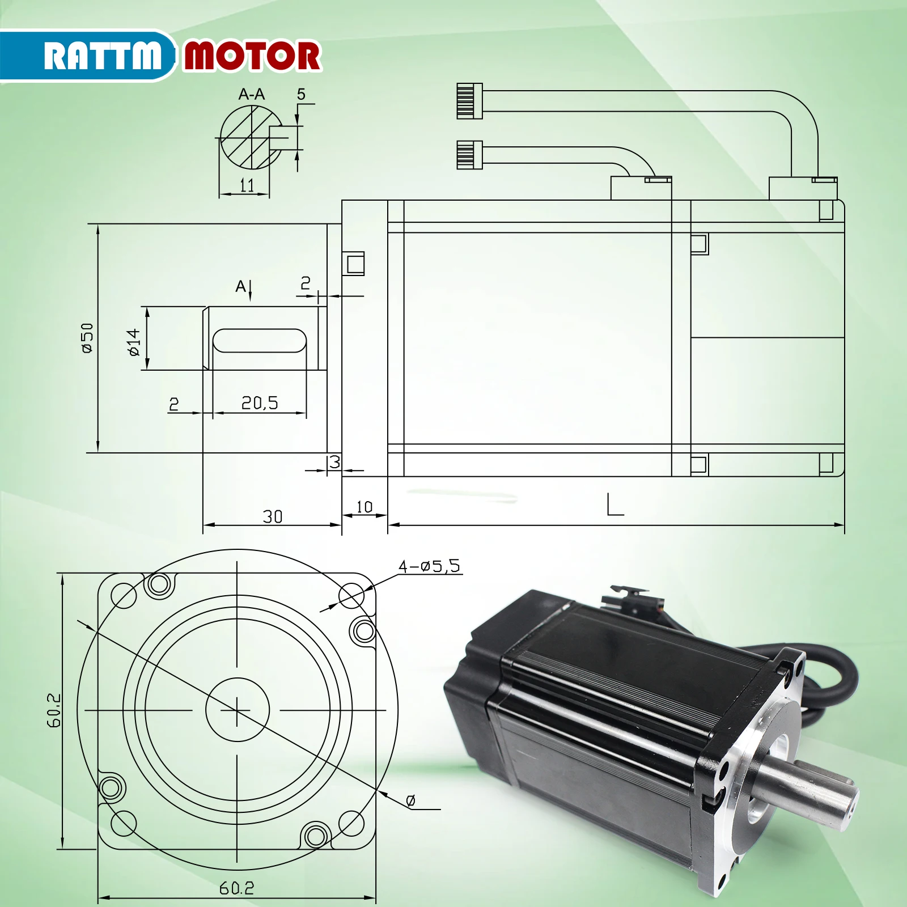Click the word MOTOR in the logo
[252, 56]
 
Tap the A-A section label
[251, 94]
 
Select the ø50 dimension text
[87, 338]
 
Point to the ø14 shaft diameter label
[134, 342]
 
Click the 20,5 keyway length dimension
[260, 403]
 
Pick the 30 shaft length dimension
[272, 516]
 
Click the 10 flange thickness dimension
[365, 506]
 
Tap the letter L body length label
[614, 505]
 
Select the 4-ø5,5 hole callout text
[429, 566]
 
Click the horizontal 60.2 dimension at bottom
[236, 888]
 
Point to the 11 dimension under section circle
[247, 185]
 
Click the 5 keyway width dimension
[301, 94]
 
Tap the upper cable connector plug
[469, 101]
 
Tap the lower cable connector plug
[469, 155]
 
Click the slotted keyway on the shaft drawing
[260, 340]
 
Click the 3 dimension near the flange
[335, 462]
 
